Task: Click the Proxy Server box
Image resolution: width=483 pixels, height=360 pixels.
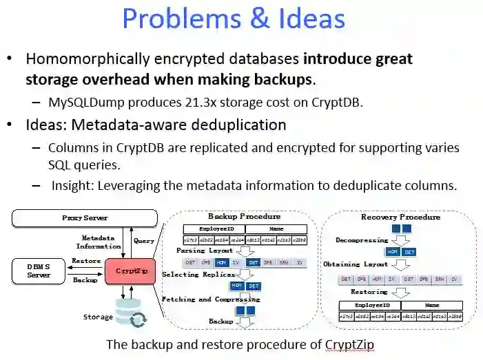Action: click(85, 218)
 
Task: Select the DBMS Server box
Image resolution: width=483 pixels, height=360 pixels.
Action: click(39, 270)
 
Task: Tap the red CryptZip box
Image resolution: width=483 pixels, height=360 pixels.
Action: click(131, 271)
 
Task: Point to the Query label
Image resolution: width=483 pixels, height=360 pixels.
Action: click(144, 241)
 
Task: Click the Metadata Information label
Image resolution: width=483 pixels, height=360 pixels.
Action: click(98, 242)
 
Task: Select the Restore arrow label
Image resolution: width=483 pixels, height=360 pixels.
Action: click(86, 261)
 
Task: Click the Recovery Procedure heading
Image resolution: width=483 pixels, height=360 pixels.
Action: click(400, 217)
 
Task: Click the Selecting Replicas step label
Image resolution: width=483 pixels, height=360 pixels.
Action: click(195, 274)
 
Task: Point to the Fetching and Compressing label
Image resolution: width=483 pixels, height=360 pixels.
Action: click(210, 299)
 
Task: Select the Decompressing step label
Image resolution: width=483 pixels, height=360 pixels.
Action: click(362, 240)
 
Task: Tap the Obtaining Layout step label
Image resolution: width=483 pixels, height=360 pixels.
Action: click(356, 264)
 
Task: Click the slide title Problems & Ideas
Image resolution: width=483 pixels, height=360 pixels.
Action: click(234, 19)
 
